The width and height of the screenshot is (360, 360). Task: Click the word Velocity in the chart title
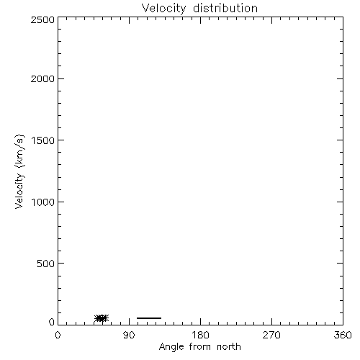pos(163,9)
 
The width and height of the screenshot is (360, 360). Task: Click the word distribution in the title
pos(225,8)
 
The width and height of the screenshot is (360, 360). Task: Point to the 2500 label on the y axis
pos(42,19)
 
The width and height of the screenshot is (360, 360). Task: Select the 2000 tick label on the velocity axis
pos(42,78)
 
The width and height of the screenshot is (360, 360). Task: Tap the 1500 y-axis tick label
pos(43,140)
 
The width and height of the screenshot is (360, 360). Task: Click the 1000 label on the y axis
pos(43,202)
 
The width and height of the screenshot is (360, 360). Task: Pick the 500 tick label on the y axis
pos(46,264)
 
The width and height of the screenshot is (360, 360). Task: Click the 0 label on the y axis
pos(52,322)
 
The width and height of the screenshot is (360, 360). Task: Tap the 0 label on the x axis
pos(58,335)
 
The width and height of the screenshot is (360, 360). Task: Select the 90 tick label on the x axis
pos(129,335)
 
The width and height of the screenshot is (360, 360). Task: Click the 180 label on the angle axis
pos(200,335)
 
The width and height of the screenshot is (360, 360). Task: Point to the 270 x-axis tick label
pos(271,335)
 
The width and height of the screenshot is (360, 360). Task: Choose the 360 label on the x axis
pos(343,335)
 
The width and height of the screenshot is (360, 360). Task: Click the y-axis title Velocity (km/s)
pos(19,171)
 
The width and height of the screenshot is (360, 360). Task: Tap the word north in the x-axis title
pos(229,346)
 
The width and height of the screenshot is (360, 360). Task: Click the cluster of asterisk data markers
pos(102,318)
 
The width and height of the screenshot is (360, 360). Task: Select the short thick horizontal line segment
pos(149,318)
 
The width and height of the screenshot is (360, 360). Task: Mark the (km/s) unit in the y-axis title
pos(19,151)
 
